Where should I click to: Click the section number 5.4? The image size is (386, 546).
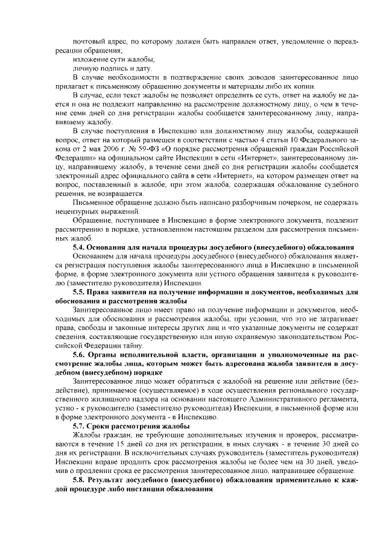(x=78, y=248)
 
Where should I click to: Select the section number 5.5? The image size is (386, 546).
(x=78, y=291)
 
